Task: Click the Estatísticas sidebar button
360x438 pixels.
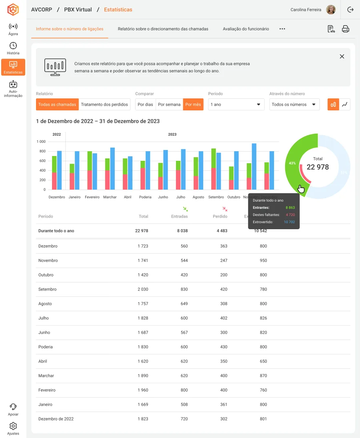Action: pos(13,67)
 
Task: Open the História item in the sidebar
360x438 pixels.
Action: pos(13,48)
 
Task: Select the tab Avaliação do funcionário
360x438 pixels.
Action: pos(246,29)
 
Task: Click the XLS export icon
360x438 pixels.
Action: pos(331,29)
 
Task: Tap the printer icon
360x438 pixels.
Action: pos(346,29)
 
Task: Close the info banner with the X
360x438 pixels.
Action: pos(342,56)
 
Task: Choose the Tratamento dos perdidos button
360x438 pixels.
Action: pos(104,104)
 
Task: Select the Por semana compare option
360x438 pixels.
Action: pos(169,104)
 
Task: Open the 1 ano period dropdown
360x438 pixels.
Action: pos(236,104)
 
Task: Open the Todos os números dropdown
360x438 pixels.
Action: pos(294,104)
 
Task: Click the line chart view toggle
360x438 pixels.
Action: pos(345,104)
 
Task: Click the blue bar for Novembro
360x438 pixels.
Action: pos(254,166)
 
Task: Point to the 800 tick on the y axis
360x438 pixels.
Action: pos(42,151)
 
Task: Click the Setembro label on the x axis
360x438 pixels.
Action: pos(216,197)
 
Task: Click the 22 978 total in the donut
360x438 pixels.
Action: pos(318,167)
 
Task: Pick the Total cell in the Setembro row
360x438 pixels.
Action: pos(143,289)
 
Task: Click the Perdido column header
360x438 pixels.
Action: pos(220,216)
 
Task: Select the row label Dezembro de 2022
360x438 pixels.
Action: pos(56,419)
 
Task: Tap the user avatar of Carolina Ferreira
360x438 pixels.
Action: pos(331,10)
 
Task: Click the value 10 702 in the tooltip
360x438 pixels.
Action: pos(289,222)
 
